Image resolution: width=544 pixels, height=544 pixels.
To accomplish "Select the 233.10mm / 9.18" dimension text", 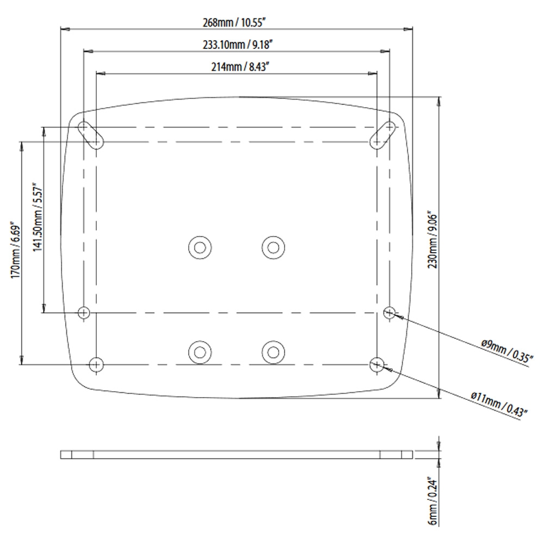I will click(x=237, y=45).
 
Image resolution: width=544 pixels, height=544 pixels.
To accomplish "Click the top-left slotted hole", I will click(x=91, y=135).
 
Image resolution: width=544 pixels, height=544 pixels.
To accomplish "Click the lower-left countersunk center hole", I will click(x=200, y=353).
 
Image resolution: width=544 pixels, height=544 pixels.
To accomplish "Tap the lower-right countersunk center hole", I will click(x=273, y=353).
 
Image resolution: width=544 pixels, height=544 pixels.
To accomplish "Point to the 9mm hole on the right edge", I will click(x=389, y=312).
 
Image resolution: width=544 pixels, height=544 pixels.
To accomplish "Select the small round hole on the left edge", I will click(x=84, y=312).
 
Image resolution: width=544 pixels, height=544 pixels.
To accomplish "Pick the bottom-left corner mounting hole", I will click(x=96, y=364).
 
